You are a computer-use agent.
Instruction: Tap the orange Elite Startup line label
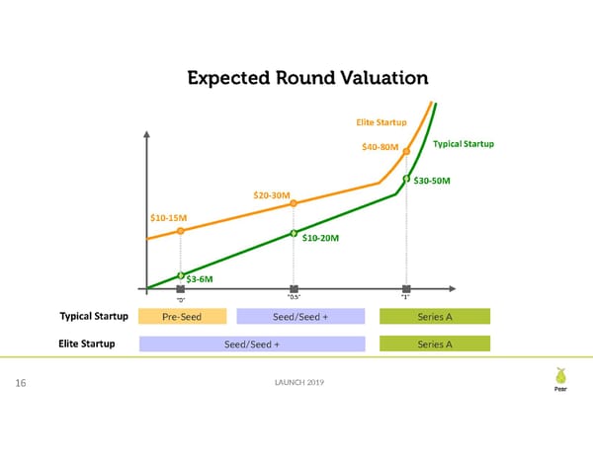coord(381,122)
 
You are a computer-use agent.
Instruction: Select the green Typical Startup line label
coord(463,145)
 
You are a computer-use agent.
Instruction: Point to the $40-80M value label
coord(380,148)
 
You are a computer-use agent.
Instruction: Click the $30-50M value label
coord(432,181)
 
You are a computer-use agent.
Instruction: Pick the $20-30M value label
coord(272,195)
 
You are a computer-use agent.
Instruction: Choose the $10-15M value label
coord(168,217)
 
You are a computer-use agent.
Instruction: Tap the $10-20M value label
coord(320,238)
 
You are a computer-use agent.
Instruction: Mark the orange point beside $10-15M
coord(180,230)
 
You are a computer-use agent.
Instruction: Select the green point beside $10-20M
coord(294,233)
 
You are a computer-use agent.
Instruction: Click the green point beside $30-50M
coord(406,179)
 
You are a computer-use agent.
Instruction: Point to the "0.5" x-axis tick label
coord(294,297)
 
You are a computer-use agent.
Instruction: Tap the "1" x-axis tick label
coord(406,297)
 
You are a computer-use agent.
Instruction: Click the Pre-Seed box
coord(183,317)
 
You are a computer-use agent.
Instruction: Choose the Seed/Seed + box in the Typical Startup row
coord(300,317)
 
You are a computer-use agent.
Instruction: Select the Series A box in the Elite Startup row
coord(435,344)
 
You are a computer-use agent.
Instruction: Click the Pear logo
coord(561,380)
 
